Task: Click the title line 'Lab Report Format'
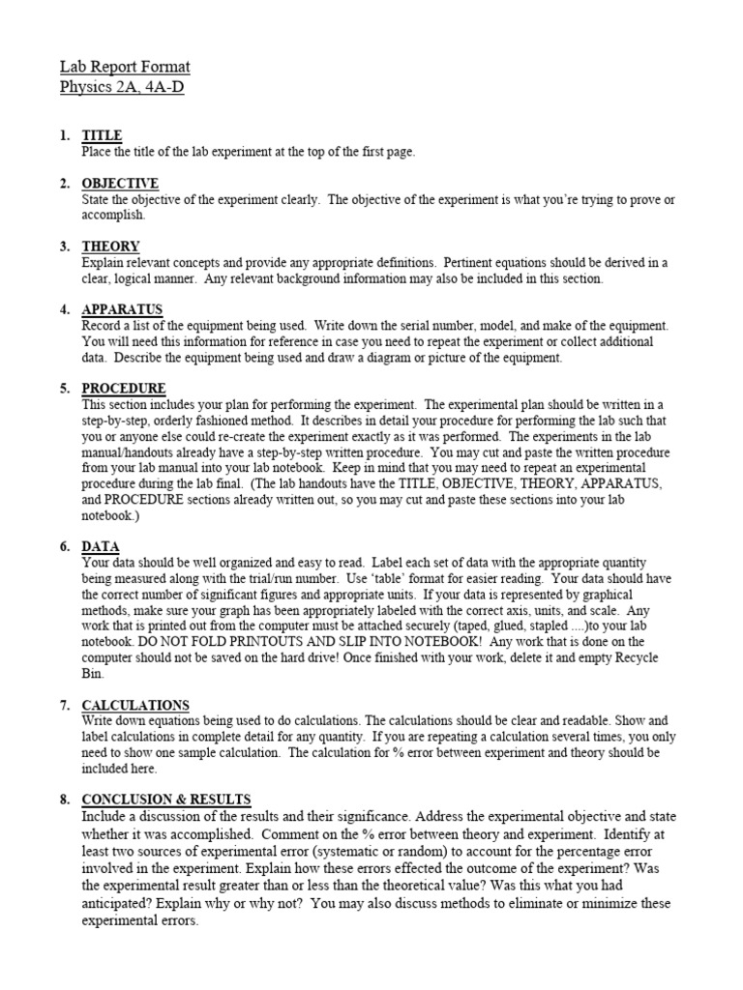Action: pos(125,67)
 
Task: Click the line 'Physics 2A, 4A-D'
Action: pos(123,87)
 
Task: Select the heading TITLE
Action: pos(102,137)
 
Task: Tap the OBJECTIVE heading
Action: pos(120,184)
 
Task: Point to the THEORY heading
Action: pos(110,247)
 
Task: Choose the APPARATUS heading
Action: pos(122,310)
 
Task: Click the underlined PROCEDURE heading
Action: pos(124,389)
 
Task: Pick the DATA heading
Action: pos(100,546)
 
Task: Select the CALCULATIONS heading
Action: pos(135,705)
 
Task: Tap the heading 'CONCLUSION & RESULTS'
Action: pos(166,799)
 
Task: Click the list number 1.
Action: pos(64,137)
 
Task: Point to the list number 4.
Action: pos(64,310)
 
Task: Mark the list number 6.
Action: pos(64,546)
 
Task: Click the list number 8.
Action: pos(64,799)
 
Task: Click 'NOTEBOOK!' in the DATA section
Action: pos(439,642)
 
